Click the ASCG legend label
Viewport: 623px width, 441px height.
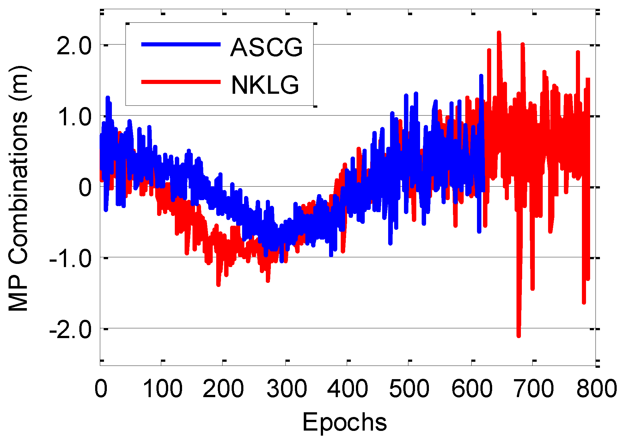pyautogui.click(x=266, y=47)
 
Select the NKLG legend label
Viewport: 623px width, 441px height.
pyautogui.click(x=265, y=85)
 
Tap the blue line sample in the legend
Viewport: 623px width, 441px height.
pyautogui.click(x=181, y=45)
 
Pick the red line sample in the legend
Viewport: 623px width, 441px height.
pyautogui.click(x=181, y=82)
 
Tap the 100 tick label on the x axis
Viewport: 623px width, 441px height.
pyautogui.click(x=162, y=389)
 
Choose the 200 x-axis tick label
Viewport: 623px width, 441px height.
pyautogui.click(x=223, y=389)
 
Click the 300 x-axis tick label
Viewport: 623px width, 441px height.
pyautogui.click(x=287, y=389)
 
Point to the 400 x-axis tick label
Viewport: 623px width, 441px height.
pyautogui.click(x=347, y=389)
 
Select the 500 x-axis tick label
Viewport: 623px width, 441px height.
pyautogui.click(x=409, y=389)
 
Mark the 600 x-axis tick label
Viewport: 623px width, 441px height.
pyautogui.click(x=472, y=389)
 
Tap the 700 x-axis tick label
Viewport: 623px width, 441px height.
pyautogui.click(x=534, y=389)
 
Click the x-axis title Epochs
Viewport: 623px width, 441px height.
pyautogui.click(x=345, y=422)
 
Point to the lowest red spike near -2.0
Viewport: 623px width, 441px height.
pyautogui.click(x=519, y=336)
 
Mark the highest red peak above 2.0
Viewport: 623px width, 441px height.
pyautogui.click(x=499, y=33)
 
